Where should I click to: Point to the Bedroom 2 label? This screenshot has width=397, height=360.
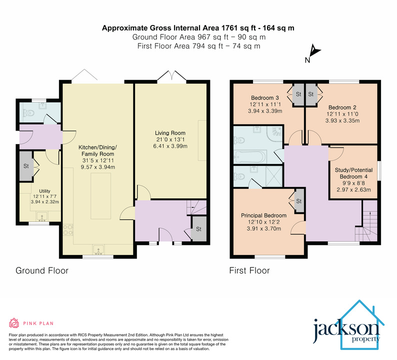click(341, 107)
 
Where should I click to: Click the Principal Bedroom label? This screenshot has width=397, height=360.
click(263, 215)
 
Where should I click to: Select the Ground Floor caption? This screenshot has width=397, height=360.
click(42, 270)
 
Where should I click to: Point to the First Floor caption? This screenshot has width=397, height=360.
click(249, 270)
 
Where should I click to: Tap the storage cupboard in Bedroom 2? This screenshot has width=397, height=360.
click(311, 94)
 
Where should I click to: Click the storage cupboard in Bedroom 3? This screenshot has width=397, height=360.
click(298, 94)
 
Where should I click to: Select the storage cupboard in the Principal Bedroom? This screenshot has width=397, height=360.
click(299, 201)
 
